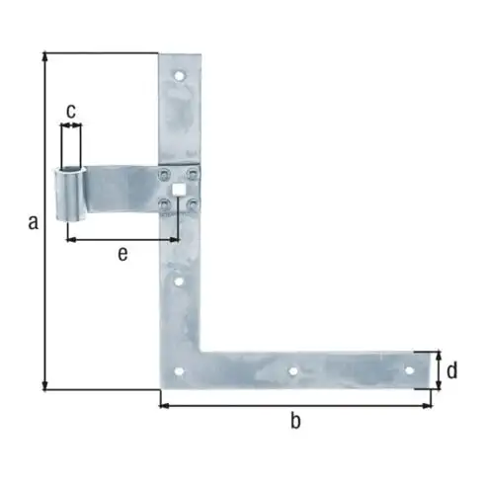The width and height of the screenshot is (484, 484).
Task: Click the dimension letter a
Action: pos(33,224)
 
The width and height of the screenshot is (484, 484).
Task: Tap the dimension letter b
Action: pos(294,423)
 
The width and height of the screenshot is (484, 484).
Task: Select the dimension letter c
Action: pos(71,111)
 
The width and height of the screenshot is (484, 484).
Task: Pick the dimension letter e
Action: pos(121,255)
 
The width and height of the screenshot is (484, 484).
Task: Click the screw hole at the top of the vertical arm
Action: pos(180,75)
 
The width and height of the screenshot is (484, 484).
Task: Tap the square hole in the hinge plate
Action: pos(180,188)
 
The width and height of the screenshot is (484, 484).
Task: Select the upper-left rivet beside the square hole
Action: pos(163,174)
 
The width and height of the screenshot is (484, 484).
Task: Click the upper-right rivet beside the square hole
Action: pos(194,174)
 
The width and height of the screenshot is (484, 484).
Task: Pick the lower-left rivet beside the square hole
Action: pos(163,204)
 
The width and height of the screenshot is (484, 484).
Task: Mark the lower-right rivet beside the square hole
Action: pos(194,204)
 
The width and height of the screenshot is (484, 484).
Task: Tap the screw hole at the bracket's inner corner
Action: pos(180,372)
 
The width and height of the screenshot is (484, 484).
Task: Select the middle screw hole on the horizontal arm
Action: pos(292,371)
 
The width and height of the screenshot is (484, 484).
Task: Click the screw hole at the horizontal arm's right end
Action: pos(409,370)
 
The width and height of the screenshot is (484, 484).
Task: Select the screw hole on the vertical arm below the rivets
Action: pos(180,282)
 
